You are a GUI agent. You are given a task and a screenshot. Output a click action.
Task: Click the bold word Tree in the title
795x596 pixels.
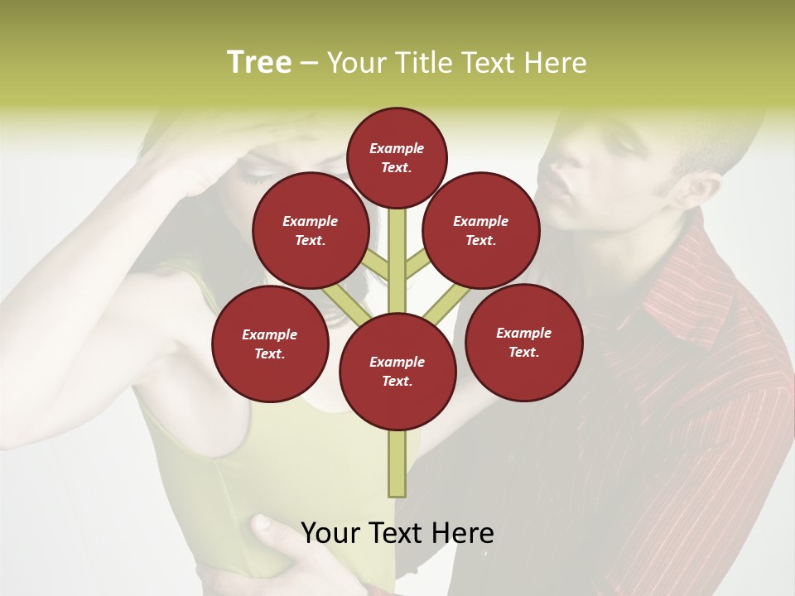259,62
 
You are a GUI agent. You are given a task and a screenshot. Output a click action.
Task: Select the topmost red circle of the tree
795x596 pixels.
397,157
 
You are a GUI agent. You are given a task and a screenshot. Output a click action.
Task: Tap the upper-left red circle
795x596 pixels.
310,230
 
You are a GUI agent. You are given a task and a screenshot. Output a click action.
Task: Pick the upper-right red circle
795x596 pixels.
481,230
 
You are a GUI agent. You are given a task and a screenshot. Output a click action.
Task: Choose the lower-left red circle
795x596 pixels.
270,344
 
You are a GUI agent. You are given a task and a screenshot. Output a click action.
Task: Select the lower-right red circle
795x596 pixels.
524,342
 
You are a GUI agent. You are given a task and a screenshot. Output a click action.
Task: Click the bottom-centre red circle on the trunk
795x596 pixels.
397,371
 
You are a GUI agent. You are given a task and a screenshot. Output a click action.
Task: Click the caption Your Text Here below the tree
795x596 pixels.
397,533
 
